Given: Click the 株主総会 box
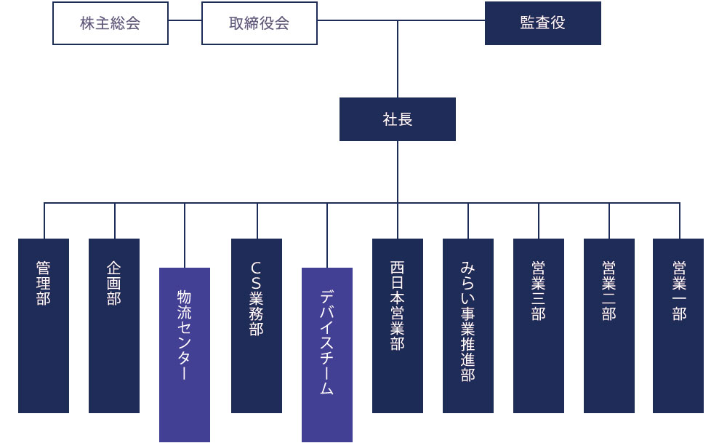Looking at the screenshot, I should tap(111, 23).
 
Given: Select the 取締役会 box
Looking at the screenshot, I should tap(260, 23).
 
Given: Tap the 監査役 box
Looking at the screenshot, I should tap(542, 23).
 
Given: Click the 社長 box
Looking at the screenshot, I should tap(397, 119).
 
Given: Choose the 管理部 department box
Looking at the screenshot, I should tap(44, 326).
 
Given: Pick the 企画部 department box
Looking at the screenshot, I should tap(114, 326).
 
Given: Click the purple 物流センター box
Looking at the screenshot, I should tap(185, 355).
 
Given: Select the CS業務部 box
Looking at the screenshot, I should tap(257, 326).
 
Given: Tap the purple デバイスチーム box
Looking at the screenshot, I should tap(327, 355).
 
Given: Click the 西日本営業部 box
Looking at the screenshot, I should tap(398, 326).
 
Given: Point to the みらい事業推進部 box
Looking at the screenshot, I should tap(468, 326).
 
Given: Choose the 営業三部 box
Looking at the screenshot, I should tap(539, 326).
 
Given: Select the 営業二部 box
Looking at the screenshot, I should tap(609, 326).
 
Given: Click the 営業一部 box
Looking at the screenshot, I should tap(678, 326).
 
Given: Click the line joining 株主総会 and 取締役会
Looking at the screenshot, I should tap(185, 20).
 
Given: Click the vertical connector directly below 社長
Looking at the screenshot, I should tap(398, 172).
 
